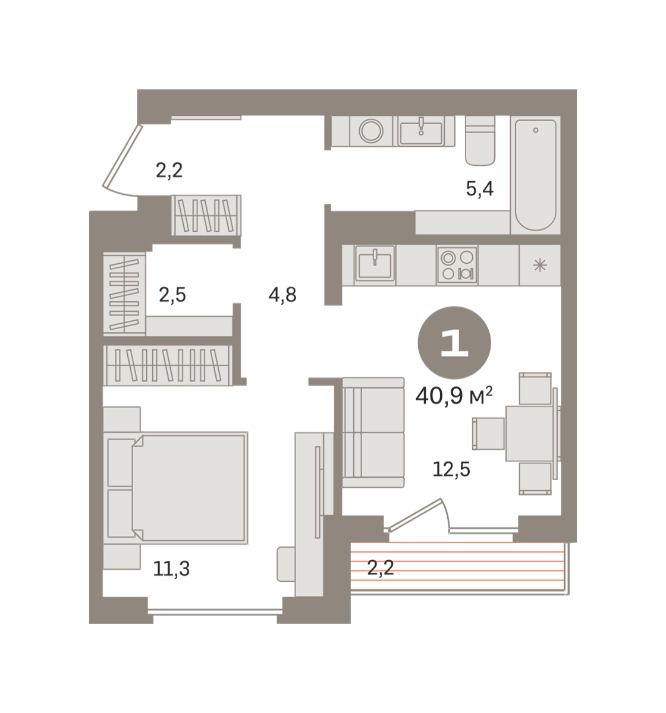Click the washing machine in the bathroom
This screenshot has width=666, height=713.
click(372, 131)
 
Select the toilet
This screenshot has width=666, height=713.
click(480, 140)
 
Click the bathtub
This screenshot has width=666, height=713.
click(536, 175)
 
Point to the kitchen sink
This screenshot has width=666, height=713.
click(375, 266)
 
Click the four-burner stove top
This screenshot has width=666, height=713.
click(457, 266)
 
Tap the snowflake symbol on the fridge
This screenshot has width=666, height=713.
click(540, 266)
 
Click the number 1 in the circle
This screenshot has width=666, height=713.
click(455, 343)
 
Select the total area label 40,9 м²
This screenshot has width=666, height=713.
click(454, 396)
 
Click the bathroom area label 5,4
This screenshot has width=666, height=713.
click(480, 189)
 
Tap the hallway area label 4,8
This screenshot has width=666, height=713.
click(282, 295)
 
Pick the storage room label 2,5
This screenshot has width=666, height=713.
click(172, 295)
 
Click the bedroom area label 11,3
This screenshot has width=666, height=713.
click(171, 569)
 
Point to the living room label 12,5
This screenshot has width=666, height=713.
click(451, 469)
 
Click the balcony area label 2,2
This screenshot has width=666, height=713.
click(381, 568)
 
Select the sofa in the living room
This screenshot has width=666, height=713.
click(373, 432)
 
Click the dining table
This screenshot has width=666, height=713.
click(530, 433)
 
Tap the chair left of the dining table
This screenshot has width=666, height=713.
click(488, 433)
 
